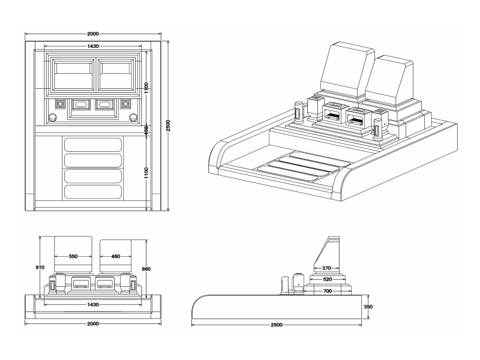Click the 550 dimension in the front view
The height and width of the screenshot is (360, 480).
coord(73,256)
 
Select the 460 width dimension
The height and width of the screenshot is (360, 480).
coord(116,256)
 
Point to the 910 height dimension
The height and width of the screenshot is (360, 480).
coord(40,268)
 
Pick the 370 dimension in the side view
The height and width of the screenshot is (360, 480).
coord(326,268)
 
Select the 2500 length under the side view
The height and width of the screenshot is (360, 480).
coord(276,325)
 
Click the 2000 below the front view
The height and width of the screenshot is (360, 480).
coord(92,324)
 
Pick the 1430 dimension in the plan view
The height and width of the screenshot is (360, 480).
coord(92,46)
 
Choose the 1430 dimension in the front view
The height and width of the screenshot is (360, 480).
coord(92,305)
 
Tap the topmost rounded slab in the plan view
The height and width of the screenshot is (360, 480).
coord(93,145)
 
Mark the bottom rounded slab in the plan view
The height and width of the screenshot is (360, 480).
coord(93,192)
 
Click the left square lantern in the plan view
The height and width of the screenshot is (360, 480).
coord(60,104)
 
